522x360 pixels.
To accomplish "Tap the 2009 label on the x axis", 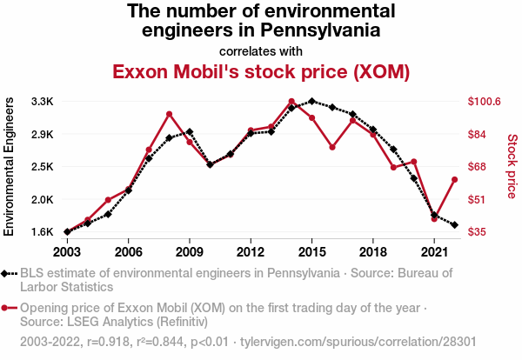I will [190, 251].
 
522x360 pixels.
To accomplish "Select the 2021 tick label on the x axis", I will [434, 251].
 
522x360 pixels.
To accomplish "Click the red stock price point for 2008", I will [169, 114].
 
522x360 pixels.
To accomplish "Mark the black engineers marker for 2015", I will [311, 101].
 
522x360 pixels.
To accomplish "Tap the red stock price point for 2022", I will [454, 180].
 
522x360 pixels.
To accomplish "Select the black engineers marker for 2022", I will [454, 225].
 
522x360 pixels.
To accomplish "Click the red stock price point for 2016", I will [332, 147].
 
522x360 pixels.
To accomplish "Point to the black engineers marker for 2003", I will [67, 231].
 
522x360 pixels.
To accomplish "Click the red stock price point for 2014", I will [291, 102].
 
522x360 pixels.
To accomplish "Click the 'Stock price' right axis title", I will [512, 165].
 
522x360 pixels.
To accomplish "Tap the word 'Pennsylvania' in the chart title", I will [312, 30].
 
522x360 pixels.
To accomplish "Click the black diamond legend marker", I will [9, 273].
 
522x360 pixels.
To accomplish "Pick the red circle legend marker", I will [9, 308].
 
